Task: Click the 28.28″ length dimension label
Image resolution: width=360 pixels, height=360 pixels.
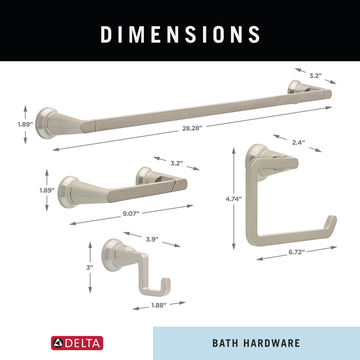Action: pyautogui.click(x=192, y=128)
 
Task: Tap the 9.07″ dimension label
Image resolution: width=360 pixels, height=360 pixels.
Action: pyautogui.click(x=131, y=213)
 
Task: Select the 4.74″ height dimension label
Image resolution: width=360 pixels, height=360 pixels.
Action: pyautogui.click(x=234, y=199)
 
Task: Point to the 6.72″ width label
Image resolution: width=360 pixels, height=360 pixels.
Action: pyautogui.click(x=297, y=252)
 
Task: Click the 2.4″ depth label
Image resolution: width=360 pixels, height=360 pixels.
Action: pyautogui.click(x=298, y=143)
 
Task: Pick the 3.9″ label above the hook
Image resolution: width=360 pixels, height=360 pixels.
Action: pyautogui.click(x=152, y=239)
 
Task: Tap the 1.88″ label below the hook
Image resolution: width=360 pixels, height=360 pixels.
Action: pyautogui.click(x=159, y=305)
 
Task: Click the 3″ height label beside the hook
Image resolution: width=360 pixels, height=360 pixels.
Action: pyautogui.click(x=90, y=267)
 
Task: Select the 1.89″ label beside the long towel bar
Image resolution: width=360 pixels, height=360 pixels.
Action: pyautogui.click(x=25, y=124)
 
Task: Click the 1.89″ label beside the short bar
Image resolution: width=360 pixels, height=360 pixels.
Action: pyautogui.click(x=47, y=190)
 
